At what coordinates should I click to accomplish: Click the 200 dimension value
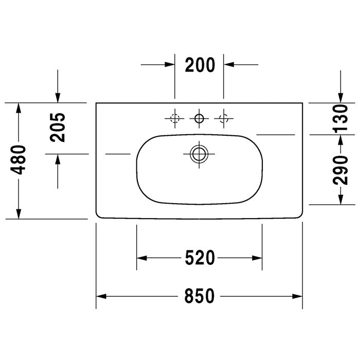coord(199,65)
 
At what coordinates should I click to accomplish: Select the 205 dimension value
coord(58,127)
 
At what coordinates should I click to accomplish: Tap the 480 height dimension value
coord(19,160)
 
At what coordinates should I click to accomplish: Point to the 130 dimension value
coord(339,118)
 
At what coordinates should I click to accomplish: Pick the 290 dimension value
coord(339,169)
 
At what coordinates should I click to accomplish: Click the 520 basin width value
coord(199,257)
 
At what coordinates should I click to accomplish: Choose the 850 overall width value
coord(199,296)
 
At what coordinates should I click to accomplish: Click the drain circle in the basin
coord(199,153)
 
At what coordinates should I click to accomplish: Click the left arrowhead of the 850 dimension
coord(101,296)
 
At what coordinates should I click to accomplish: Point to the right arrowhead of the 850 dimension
coord(297,296)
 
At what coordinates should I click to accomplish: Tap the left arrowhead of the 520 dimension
coord(141,257)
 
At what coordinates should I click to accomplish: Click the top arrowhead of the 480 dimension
coord(19,107)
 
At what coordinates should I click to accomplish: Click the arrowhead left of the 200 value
coord(170,65)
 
